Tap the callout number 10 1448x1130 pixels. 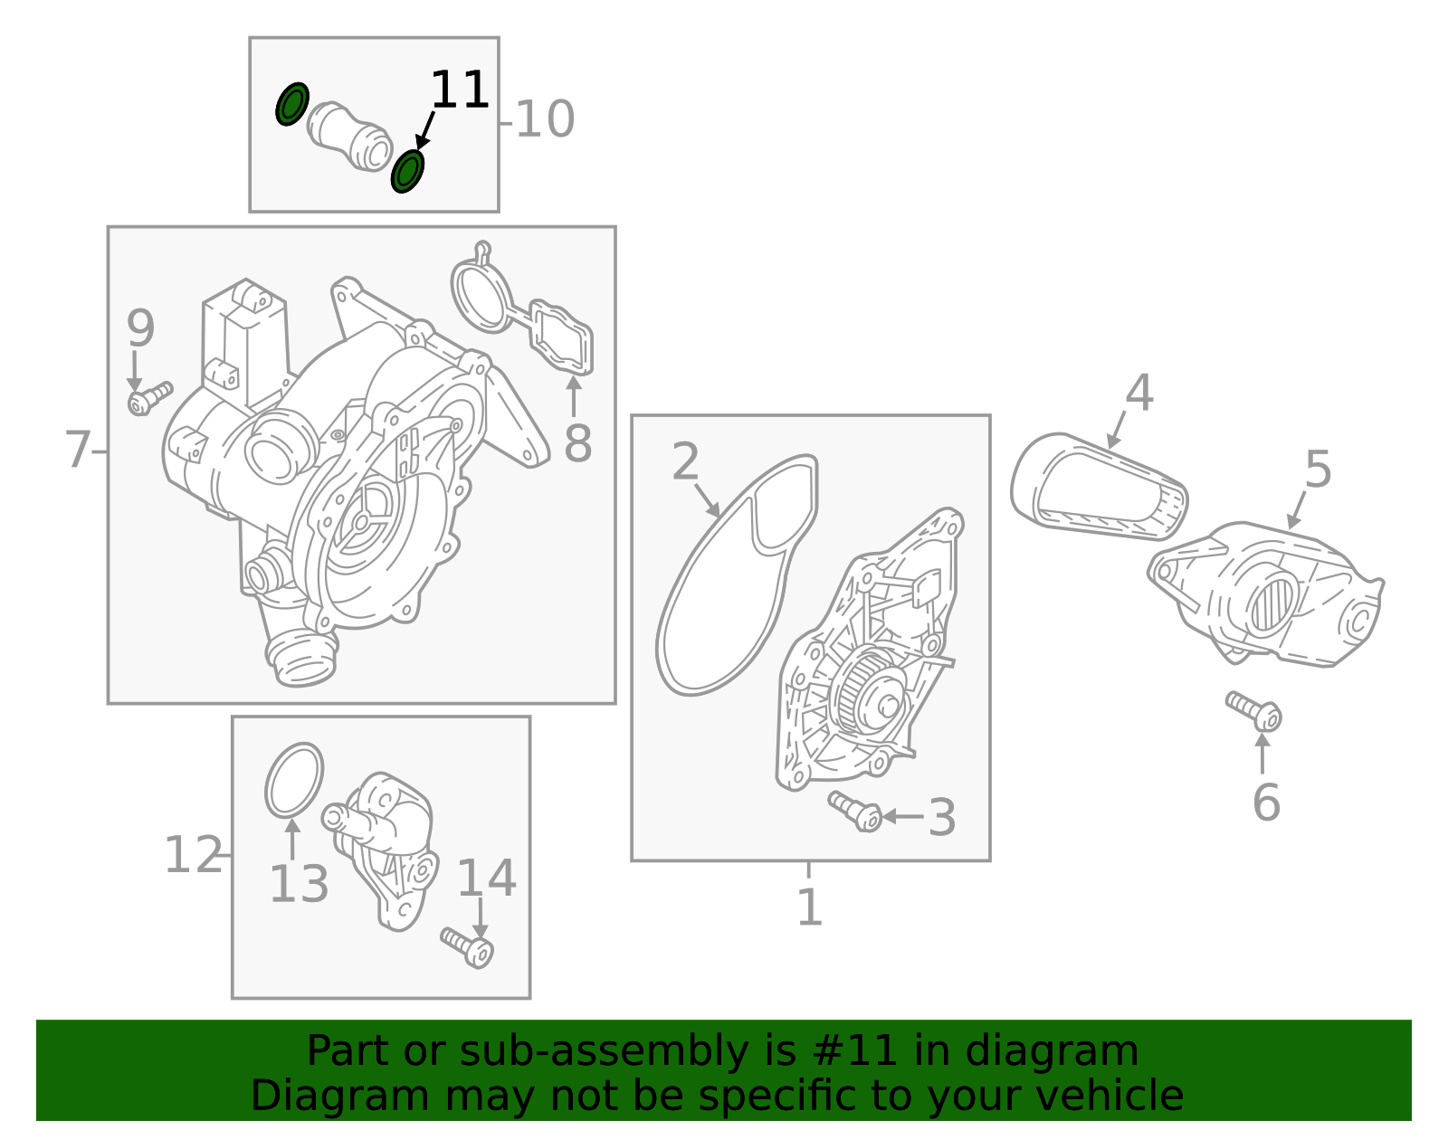(545, 119)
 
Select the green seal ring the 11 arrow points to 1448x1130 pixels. (407, 172)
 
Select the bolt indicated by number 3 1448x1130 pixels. (855, 812)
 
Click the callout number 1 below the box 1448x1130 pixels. (810, 907)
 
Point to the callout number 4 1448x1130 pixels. (1139, 393)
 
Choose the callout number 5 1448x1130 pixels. (1318, 470)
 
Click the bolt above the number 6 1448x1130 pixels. (1253, 711)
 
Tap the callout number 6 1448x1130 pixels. (1267, 802)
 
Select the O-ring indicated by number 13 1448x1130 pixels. (294, 781)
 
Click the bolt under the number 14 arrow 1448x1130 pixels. (466, 948)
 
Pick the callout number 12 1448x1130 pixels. (193, 855)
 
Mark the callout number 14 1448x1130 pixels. (487, 878)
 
